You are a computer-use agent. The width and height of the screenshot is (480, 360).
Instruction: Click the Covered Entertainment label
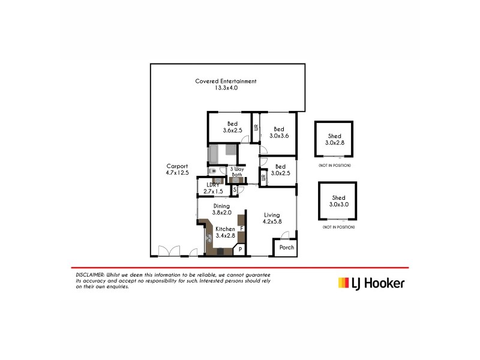pos(226,84)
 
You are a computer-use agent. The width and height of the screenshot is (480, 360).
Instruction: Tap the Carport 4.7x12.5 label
pos(177,170)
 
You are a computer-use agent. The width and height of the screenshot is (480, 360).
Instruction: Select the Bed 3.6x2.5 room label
pos(232,127)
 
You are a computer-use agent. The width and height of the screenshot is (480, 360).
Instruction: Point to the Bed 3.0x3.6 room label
pos(279,132)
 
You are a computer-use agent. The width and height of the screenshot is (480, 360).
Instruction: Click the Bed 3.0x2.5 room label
pos(280,170)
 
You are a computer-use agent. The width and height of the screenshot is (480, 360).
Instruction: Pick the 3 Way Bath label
pos(236,172)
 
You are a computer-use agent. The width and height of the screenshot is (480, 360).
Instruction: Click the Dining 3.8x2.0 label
pos(222,209)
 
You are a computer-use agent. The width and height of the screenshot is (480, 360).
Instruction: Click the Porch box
pos(286,247)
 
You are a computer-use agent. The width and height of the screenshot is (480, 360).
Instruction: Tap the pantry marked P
pos(240,249)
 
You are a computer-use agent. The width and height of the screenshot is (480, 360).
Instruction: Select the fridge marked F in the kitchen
pos(241,229)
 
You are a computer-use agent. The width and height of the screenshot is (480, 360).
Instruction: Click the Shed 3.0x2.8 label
pos(335,140)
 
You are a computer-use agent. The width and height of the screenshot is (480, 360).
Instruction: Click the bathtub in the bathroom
pos(214,154)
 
